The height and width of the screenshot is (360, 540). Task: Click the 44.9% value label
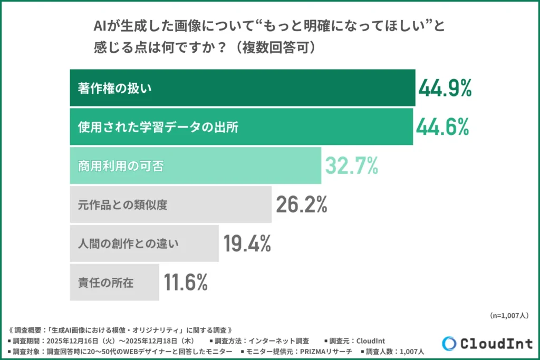[445, 88]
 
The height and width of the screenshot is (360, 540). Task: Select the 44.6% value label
[442, 127]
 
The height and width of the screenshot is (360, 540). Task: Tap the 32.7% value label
[351, 166]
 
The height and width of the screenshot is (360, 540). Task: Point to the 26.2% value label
[301, 205]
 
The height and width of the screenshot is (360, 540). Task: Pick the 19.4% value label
[247, 244]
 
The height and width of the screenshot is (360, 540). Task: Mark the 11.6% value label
[186, 283]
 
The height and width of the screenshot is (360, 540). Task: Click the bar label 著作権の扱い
[114, 88]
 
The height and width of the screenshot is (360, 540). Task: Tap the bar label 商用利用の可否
[121, 166]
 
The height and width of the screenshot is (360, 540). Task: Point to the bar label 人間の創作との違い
[128, 244]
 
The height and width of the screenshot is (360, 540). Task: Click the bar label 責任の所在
[105, 283]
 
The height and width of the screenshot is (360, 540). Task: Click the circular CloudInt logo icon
[449, 343]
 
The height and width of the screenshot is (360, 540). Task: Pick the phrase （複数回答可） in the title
[276, 47]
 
